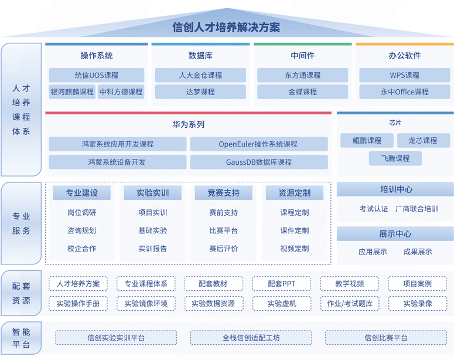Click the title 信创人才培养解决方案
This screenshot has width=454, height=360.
226,27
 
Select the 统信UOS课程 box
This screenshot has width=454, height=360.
97,75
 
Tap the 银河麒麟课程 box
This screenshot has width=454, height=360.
72,92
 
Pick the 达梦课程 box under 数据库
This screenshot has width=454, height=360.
200,92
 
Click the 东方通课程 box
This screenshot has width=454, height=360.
303,75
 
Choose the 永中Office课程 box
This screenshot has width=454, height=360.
404,92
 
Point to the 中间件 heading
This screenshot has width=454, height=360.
303,55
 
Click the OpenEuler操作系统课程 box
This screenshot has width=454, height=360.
259,144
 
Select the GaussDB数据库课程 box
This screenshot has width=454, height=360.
259,162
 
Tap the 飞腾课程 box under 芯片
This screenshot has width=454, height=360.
395,158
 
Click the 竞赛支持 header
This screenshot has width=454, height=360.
224,193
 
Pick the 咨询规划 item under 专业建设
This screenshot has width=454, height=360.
81,230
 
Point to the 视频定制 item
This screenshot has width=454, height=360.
295,249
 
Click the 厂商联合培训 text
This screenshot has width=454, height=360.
417,209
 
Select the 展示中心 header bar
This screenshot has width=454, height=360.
395,233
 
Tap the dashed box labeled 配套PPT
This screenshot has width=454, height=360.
282,283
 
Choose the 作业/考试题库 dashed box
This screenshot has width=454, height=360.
350,304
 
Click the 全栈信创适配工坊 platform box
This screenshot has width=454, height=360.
251,338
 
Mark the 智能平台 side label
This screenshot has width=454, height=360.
21,338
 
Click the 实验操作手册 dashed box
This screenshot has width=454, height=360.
78,304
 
